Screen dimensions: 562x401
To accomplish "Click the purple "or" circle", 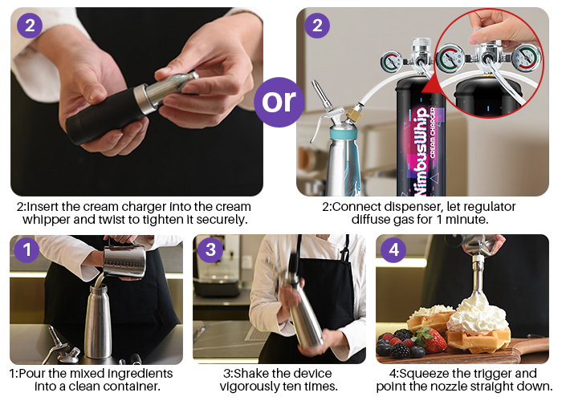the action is coord(279,103).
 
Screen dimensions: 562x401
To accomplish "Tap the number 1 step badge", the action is coord(26,250).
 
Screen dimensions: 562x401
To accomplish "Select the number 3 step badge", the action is coord(210,250).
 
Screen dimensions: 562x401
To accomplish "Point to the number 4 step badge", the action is coord(393,250).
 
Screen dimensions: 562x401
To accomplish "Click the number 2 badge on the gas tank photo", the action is coord(317,26).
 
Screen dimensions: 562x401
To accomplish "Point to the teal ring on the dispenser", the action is coord(344,134).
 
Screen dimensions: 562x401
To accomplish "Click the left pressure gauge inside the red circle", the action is coord(450,58).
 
